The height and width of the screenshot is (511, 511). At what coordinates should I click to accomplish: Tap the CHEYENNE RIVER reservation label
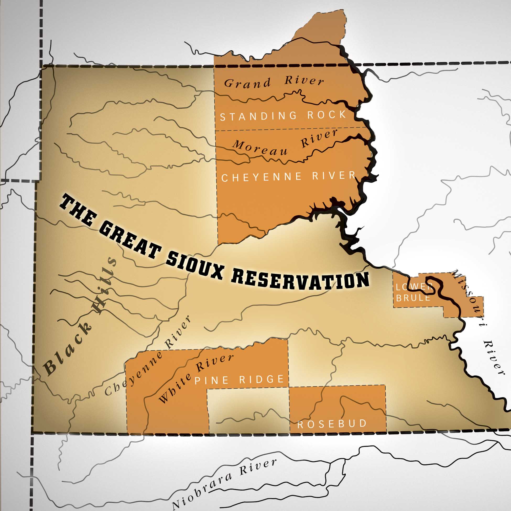(x=288, y=177)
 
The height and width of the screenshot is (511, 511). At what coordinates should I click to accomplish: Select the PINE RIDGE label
(x=239, y=380)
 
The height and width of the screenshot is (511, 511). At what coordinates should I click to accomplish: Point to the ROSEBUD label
(x=332, y=424)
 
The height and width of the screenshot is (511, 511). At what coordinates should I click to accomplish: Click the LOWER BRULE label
(x=413, y=292)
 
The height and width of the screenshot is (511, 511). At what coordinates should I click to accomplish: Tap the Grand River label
(x=274, y=82)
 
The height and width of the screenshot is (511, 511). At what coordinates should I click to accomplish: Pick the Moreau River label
(x=285, y=144)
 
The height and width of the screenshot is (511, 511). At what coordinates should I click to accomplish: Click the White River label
(x=196, y=378)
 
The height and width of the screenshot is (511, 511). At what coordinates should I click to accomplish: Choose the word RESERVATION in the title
(x=300, y=280)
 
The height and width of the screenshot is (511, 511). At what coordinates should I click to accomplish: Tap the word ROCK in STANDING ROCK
(x=327, y=115)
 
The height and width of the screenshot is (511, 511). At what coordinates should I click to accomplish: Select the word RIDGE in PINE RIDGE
(x=261, y=379)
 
